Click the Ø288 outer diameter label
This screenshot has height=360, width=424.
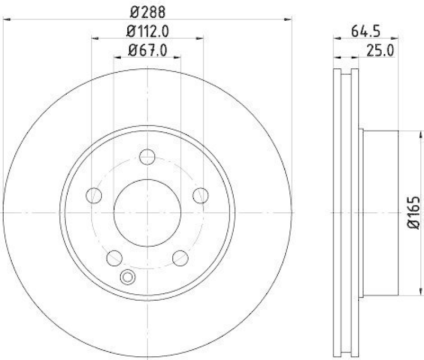pyautogui.click(x=147, y=10)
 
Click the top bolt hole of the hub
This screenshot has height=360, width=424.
pyautogui.click(x=147, y=157)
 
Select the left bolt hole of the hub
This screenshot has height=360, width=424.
pyautogui.click(x=94, y=195)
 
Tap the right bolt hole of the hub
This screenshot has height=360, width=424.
pyautogui.click(x=200, y=195)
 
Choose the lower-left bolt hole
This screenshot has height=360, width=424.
pyautogui.click(x=114, y=258)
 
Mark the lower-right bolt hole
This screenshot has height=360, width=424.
pyautogui.click(x=180, y=258)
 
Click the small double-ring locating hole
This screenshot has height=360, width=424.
pyautogui.click(x=128, y=276)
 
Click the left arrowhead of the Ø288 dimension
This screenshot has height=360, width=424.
pyautogui.click(x=6, y=20)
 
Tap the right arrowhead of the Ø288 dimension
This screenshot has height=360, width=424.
pyautogui.click(x=289, y=20)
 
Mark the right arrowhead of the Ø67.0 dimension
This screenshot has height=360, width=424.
pyautogui.click(x=178, y=57)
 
